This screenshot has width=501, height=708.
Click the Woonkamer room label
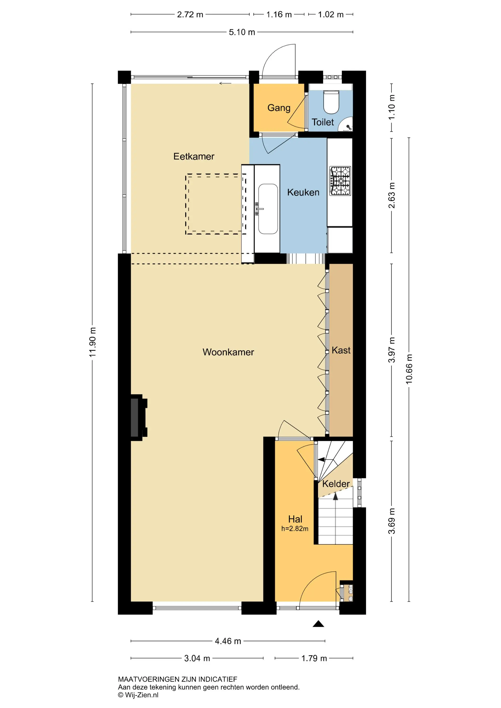pos(228,352)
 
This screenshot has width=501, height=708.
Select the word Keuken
pos(303,192)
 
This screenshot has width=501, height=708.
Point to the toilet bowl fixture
pos(331,102)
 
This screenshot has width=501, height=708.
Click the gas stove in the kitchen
pos(340,181)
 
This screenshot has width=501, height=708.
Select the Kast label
pos(341,350)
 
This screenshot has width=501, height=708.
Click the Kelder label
pos(336,484)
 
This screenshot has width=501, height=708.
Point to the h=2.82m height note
pos(295,529)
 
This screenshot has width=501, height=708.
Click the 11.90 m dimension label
pos(93,342)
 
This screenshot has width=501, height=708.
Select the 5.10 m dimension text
pos(242,32)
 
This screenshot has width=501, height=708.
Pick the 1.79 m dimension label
pos(314,658)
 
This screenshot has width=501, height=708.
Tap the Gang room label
pos(279,108)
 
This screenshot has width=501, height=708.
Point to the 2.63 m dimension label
pos(392,195)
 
